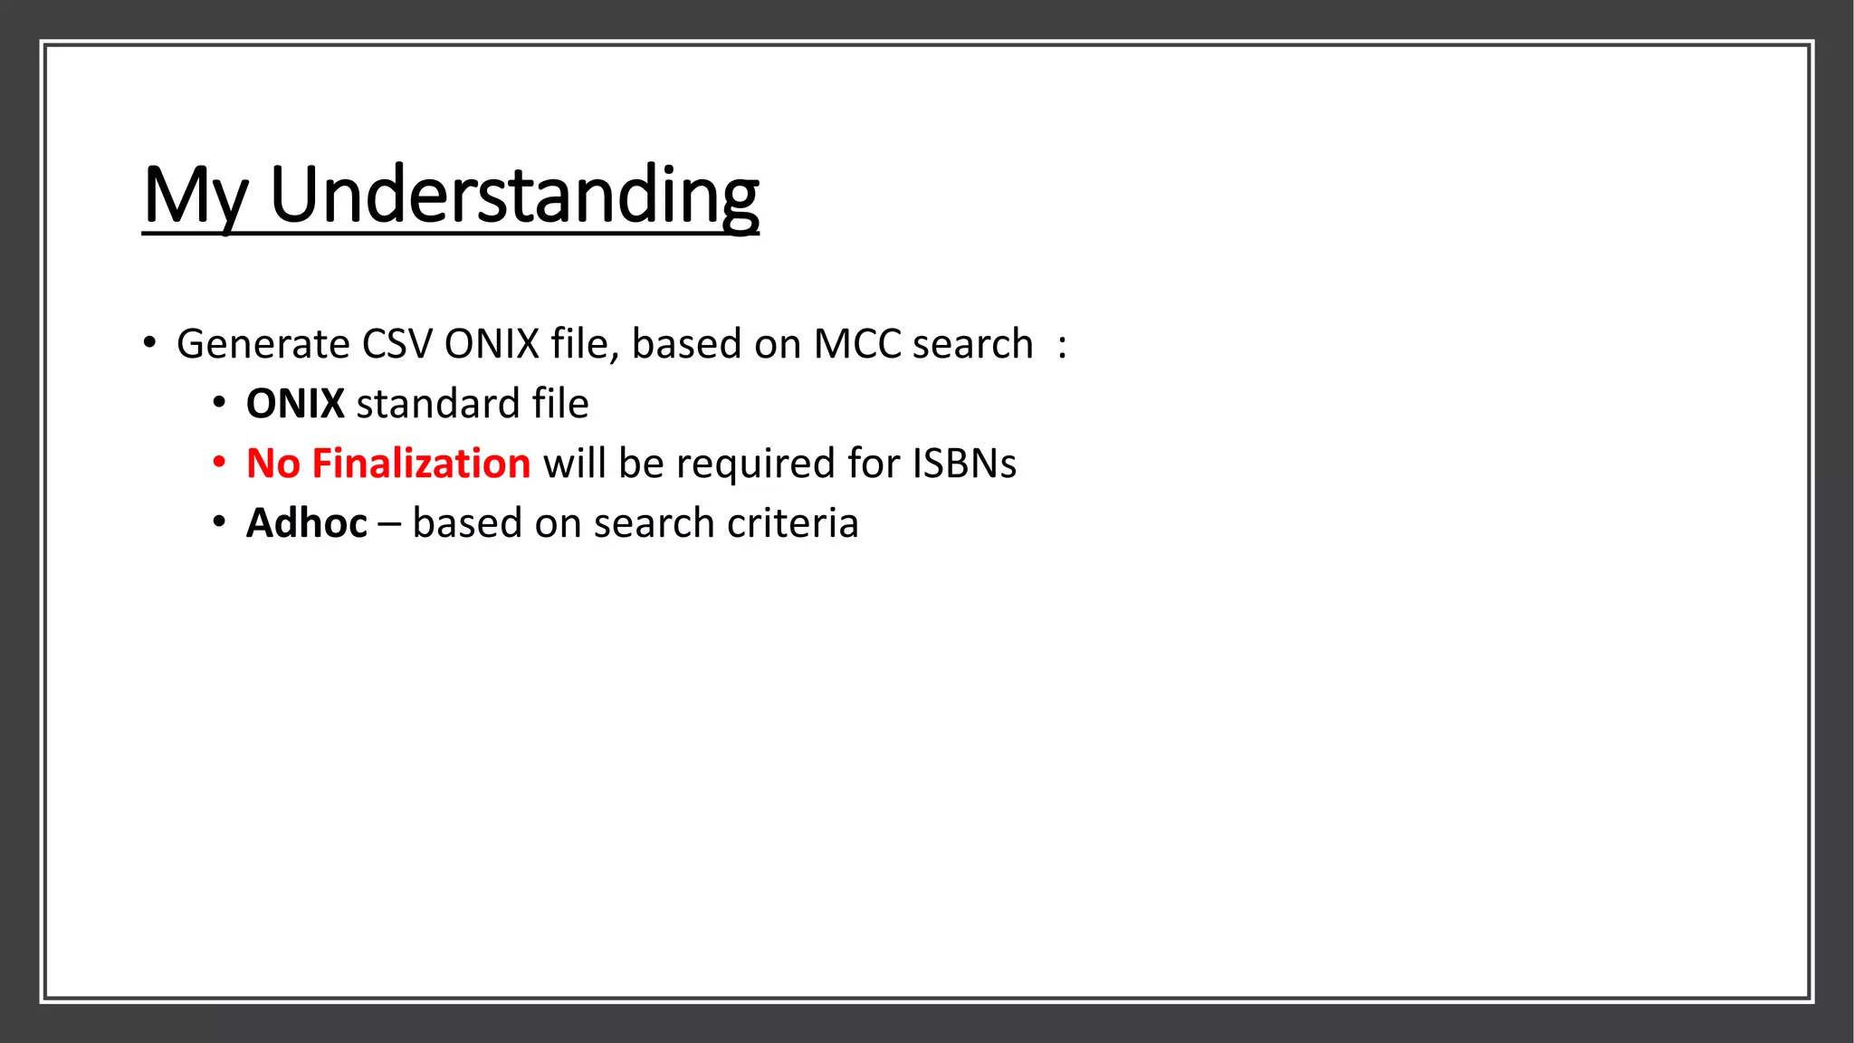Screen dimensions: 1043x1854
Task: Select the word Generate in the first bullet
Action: pos(263,345)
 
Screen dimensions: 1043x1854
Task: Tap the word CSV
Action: pos(397,345)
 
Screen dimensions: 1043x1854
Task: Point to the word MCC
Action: pos(857,345)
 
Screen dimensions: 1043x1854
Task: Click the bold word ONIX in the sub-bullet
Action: pos(295,404)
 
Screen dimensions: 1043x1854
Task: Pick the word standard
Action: pos(438,404)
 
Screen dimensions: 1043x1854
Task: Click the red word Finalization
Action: pos(421,464)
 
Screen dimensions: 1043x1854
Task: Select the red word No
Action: pos(272,464)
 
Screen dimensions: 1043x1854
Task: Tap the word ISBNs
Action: pos(964,464)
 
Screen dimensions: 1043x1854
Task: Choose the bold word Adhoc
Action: pos(307,523)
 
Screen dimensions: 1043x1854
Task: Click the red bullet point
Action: pos(219,463)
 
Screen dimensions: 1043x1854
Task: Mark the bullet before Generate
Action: pos(149,344)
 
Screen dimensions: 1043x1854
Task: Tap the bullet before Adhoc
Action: pos(219,522)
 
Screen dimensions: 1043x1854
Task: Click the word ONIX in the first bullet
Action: pos(492,345)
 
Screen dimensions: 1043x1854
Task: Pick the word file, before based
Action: pos(585,345)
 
